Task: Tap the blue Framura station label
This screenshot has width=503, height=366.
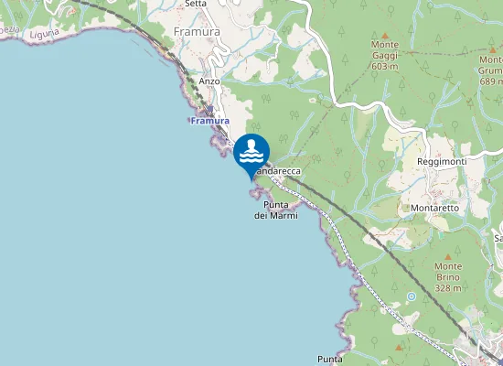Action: pos(209,121)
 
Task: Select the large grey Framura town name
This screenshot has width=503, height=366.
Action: pos(195,32)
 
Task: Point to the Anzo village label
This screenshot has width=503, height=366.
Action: pos(209,81)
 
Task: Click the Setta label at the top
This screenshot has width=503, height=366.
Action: pos(195,4)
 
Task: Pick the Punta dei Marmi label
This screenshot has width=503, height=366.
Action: pos(275,210)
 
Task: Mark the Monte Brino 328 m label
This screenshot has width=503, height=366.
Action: pos(448,276)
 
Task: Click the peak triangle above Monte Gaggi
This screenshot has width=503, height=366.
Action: pos(384,35)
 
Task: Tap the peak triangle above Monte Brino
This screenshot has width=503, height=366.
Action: pos(448,257)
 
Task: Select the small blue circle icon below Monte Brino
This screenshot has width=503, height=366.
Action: pos(412,296)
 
